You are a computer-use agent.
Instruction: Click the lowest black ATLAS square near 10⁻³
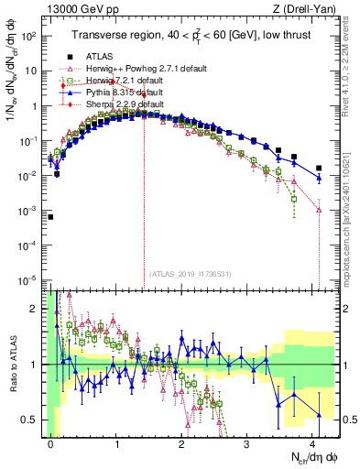point(50,217)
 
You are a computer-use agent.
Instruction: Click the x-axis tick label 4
point(312,442)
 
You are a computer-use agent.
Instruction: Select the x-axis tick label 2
point(181,442)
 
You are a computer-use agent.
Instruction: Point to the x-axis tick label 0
point(50,442)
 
